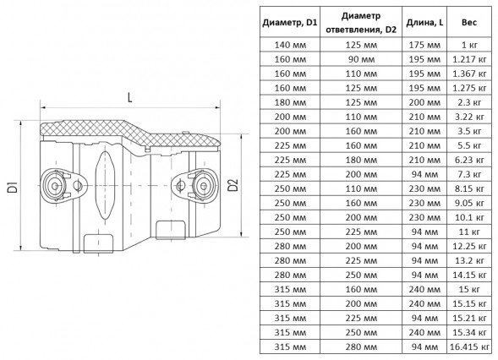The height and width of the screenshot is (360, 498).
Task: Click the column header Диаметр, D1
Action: [x=290, y=23]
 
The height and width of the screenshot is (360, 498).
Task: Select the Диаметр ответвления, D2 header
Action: [x=361, y=23]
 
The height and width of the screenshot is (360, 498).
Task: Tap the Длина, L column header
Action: [x=424, y=23]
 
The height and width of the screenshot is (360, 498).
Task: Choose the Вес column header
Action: [x=469, y=23]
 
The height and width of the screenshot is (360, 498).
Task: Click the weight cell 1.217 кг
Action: [x=469, y=59]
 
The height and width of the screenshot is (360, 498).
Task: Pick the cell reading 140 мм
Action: [x=290, y=45]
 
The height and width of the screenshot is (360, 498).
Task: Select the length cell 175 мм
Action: [x=424, y=45]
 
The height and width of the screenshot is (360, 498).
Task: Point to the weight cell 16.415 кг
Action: [x=469, y=346]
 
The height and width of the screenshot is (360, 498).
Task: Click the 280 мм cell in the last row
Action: [x=361, y=346]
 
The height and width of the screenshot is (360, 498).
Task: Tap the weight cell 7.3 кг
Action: [x=469, y=174]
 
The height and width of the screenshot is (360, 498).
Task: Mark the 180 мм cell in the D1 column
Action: [x=290, y=102]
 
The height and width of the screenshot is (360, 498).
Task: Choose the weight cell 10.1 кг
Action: [x=469, y=217]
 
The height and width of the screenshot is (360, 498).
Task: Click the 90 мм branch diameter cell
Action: [x=361, y=59]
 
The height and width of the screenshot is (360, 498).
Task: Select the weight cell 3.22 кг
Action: [x=469, y=117]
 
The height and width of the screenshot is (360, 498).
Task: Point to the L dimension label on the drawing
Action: [x=129, y=97]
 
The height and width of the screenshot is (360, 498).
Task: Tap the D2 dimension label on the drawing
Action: [x=233, y=185]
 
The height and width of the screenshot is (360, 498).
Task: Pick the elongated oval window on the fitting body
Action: [x=104, y=185]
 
